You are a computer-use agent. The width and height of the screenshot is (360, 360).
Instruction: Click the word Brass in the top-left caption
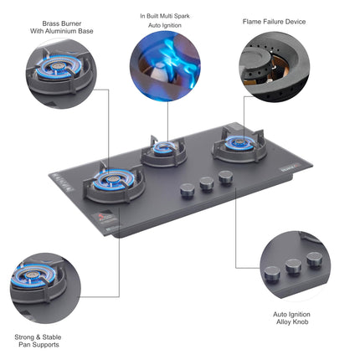click(50, 23)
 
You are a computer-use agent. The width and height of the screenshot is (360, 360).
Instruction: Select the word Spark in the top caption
click(183, 16)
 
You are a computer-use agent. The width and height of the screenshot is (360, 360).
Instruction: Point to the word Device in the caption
click(296, 22)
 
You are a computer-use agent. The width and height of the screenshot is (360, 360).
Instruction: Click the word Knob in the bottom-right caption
click(301, 321)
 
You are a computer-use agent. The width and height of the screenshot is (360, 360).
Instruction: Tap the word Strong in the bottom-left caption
click(23, 337)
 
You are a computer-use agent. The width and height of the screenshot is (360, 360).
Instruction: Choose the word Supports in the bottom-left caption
click(46, 345)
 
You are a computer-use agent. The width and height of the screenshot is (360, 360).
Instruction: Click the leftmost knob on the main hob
click(187, 191)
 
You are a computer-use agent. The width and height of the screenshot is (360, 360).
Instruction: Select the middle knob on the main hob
click(207, 184)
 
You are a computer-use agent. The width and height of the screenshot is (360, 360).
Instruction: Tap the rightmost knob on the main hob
click(225, 177)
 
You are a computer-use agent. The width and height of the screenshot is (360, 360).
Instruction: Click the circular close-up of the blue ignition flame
click(165, 66)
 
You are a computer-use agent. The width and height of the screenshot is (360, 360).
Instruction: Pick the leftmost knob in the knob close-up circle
click(272, 274)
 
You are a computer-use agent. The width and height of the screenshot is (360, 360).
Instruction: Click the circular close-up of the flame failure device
click(275, 66)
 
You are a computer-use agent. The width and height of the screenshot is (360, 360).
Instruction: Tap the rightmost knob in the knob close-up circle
click(315, 260)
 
